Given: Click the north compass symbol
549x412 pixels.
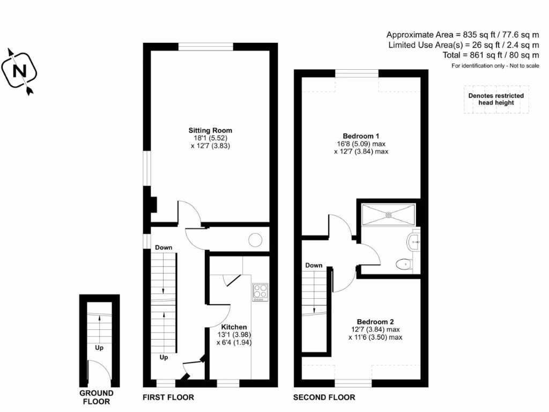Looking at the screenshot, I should (20, 71).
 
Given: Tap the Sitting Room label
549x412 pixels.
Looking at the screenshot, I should (210, 130).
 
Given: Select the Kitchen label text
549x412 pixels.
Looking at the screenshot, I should (234, 327).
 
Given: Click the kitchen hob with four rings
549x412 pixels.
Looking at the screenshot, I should (260, 291).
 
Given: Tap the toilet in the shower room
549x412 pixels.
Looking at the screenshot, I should (403, 264).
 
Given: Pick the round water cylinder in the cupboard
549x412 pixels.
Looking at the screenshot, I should (255, 240).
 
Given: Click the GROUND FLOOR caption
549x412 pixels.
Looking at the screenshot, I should (97, 398).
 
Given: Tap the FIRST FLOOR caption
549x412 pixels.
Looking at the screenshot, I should (168, 398).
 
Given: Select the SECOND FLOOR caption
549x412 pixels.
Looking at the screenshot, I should (324, 398).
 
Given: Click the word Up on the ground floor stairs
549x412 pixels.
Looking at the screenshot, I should (99, 348).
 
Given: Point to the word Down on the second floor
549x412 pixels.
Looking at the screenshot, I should (314, 265).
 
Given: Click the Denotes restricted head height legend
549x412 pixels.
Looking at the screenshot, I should (496, 99).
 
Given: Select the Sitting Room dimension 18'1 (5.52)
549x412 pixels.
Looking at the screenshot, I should (210, 138).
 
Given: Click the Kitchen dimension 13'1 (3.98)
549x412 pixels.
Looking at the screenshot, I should (234, 334).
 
